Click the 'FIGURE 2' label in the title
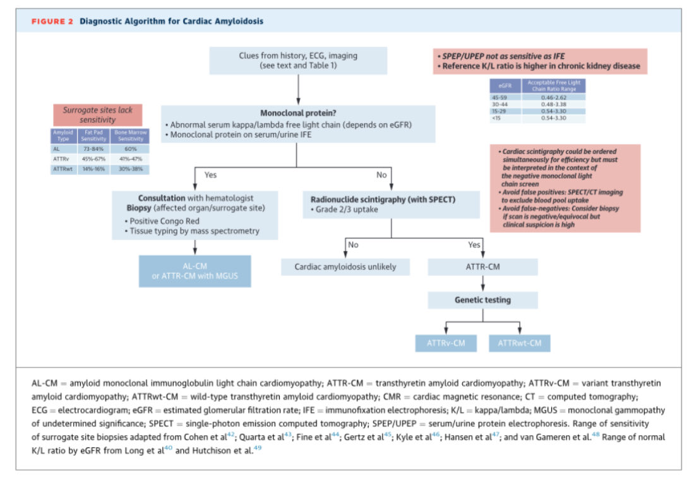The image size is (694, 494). pyautogui.click(x=52, y=21)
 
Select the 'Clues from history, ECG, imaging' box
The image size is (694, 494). pyautogui.click(x=298, y=61)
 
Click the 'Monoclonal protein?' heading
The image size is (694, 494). pyautogui.click(x=297, y=113)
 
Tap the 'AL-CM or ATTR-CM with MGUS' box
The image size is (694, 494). pyautogui.click(x=194, y=271)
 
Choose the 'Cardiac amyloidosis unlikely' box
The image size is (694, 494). pyautogui.click(x=345, y=267)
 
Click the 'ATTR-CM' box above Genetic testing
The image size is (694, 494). pyautogui.click(x=482, y=267)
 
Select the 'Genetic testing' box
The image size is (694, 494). pyautogui.click(x=482, y=300)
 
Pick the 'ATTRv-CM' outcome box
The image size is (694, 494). pyautogui.click(x=445, y=343)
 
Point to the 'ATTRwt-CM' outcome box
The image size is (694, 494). pyautogui.click(x=519, y=343)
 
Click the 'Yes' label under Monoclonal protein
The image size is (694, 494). pyautogui.click(x=210, y=174)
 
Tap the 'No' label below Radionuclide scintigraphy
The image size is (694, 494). pyautogui.click(x=353, y=245)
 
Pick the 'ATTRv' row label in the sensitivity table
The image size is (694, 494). pyautogui.click(x=63, y=159)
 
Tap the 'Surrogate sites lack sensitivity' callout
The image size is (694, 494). pyautogui.click(x=97, y=114)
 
